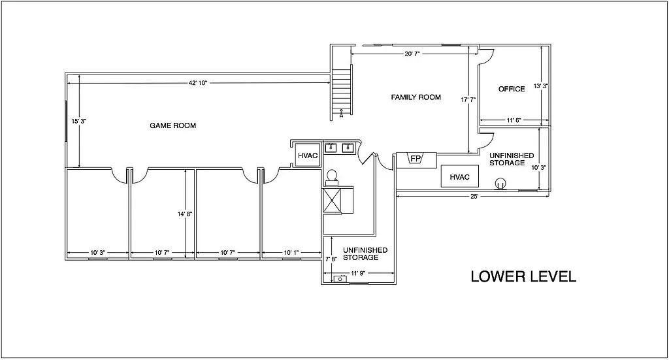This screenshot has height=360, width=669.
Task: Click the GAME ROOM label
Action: [x=173, y=125]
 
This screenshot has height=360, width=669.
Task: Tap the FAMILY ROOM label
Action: [x=416, y=97]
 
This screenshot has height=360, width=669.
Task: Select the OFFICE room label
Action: [x=512, y=89]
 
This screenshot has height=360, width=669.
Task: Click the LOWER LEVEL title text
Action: [x=523, y=276]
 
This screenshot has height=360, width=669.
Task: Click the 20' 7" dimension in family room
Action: [x=412, y=54]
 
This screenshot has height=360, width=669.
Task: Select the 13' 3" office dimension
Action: [x=541, y=86]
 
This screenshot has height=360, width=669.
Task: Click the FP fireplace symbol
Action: [x=415, y=158]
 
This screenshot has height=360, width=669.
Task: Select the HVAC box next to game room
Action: [x=306, y=155]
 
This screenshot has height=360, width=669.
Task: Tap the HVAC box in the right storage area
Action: [x=460, y=176]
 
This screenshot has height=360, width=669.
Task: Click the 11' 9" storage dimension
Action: [x=358, y=273]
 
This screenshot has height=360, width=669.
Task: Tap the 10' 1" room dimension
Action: [x=292, y=252]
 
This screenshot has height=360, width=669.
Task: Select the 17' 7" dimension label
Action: [x=468, y=100]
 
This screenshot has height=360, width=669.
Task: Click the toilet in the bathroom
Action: [x=332, y=176]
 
